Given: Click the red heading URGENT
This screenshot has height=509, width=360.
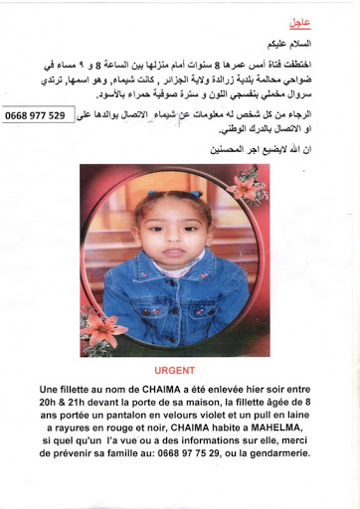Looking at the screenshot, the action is click(x=179, y=369).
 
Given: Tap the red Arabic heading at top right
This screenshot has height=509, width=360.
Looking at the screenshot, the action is click(x=299, y=21).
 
